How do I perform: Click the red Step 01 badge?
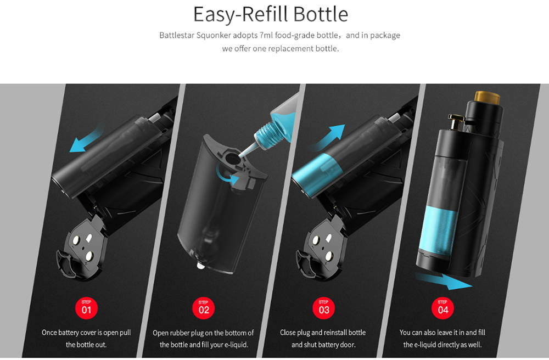point(86,308)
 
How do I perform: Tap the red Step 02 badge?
point(204,308)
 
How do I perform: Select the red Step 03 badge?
point(323,308)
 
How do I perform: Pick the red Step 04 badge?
point(442,308)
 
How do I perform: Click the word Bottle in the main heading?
point(321,14)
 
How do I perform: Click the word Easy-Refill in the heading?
point(241,15)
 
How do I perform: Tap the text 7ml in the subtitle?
point(266,35)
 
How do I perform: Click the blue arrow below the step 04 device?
point(443,281)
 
